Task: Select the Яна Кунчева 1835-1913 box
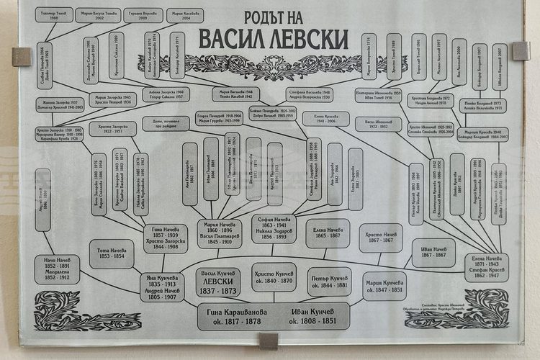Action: (166, 284)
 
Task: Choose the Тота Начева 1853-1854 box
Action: (112, 253)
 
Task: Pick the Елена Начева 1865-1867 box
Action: (328, 233)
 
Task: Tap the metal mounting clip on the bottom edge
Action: (268, 341)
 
